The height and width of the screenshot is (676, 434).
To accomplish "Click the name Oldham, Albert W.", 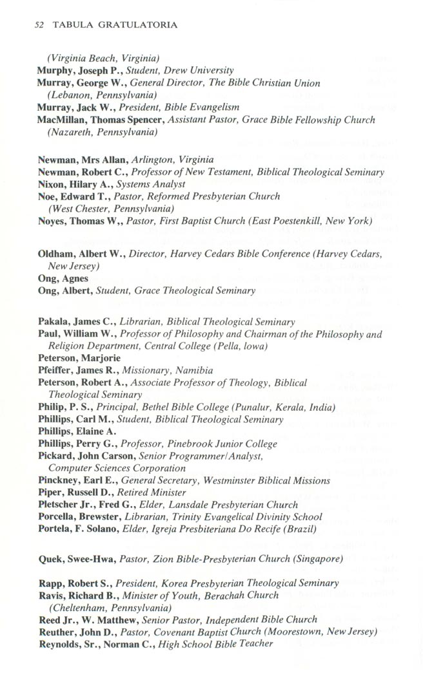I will (81, 254).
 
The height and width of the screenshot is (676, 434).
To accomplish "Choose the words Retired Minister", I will (155, 493).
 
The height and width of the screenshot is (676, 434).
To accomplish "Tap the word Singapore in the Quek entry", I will (315, 559).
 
